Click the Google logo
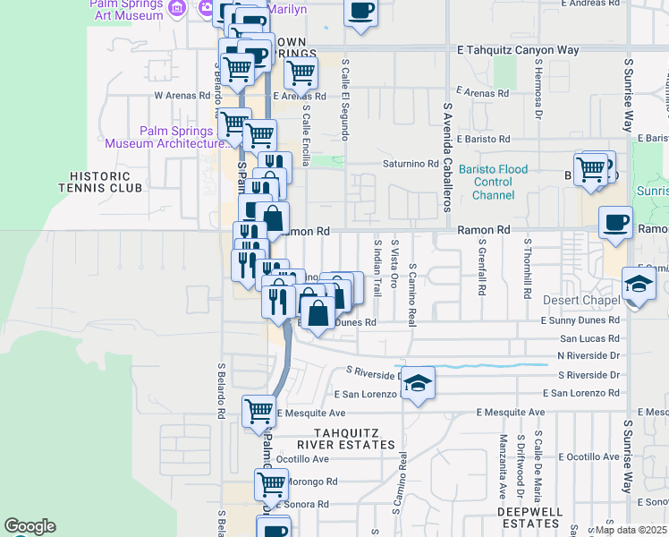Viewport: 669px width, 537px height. coord(30,526)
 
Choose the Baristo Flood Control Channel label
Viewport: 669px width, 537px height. coord(494,183)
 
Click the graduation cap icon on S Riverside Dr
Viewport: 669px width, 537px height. coord(418,382)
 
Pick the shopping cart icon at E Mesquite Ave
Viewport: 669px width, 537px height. coord(258,411)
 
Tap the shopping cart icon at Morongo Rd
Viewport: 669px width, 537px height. coord(271,484)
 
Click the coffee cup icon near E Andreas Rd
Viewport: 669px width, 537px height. coord(360,12)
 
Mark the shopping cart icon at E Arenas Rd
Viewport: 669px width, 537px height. coord(301,72)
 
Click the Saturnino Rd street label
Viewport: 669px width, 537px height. coord(411,165)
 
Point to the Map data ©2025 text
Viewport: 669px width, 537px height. coord(631,530)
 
